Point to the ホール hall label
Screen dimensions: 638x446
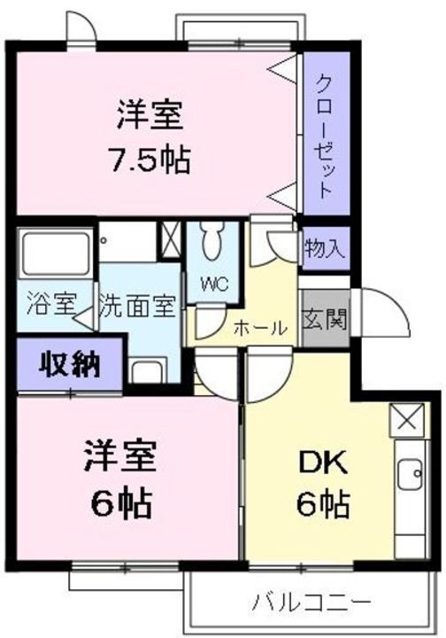point(260,327)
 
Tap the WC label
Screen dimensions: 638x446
point(214,284)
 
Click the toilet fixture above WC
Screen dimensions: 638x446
point(212,241)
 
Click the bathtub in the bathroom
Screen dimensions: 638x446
point(54,253)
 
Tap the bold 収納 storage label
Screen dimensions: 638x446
point(69,365)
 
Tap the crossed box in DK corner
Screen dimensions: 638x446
point(408,418)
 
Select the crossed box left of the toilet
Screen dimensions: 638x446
point(167,239)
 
